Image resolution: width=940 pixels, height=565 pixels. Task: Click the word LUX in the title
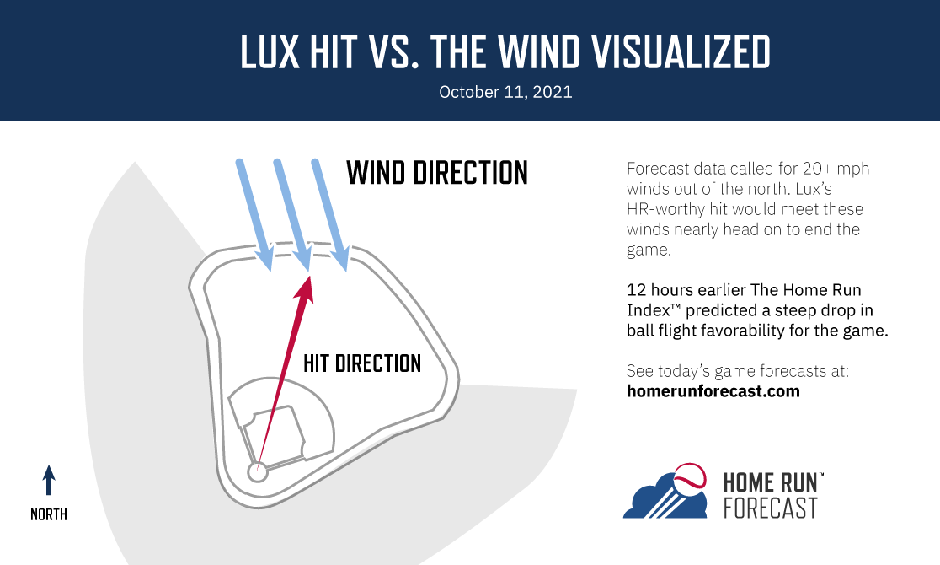point(270,51)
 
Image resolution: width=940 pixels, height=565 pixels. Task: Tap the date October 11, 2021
point(505,92)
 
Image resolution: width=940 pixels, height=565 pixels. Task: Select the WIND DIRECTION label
point(437,173)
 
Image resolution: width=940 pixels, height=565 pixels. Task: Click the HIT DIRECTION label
point(362,363)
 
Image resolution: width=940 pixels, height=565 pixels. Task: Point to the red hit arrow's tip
point(310,277)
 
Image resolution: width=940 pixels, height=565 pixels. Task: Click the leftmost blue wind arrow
point(254,215)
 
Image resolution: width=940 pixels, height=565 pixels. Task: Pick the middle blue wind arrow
point(292,215)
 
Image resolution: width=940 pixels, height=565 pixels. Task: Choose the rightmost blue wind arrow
point(330,215)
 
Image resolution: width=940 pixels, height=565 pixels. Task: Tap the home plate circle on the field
point(257,472)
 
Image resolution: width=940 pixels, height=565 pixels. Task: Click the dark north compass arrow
point(49,480)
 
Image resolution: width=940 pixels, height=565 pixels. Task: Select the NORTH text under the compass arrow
point(49,514)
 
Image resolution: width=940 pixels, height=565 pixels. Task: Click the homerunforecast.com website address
point(713,391)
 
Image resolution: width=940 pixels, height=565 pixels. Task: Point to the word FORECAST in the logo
point(771,508)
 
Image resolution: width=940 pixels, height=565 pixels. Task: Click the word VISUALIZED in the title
point(681,51)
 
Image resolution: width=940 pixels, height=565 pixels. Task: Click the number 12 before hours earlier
point(636,290)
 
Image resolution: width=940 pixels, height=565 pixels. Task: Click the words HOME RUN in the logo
point(771,482)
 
